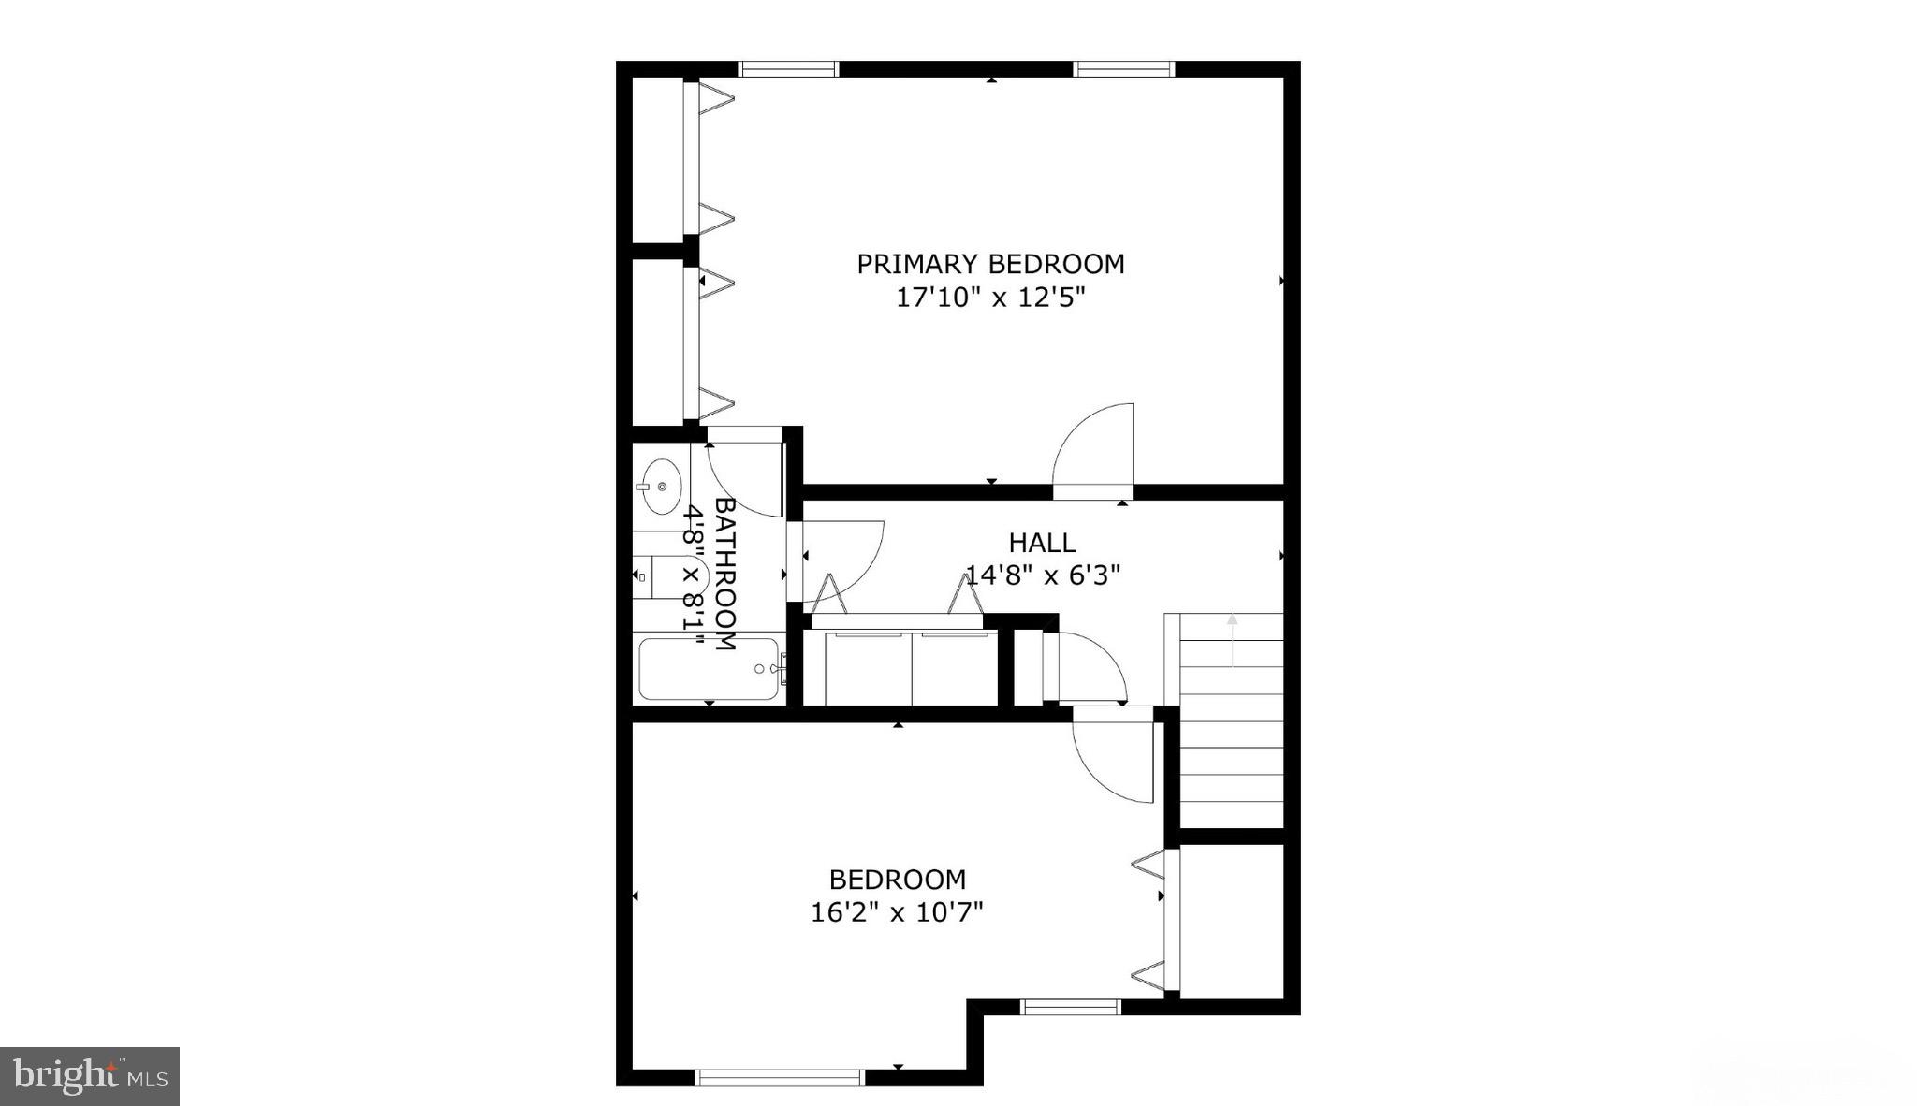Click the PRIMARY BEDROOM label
[x=990, y=264]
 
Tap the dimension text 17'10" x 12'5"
[x=990, y=298]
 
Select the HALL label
[x=1042, y=542]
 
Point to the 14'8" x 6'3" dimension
[x=1043, y=574]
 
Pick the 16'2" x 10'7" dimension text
[x=897, y=912]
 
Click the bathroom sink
[x=662, y=486]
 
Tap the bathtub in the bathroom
[x=709, y=668]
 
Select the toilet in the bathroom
[x=666, y=578]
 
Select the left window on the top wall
[x=788, y=68]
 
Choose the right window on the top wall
[x=1123, y=68]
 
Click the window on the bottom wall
[x=779, y=1078]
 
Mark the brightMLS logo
[x=90, y=1076]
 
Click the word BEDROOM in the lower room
[x=897, y=880]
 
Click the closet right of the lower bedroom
[x=1230, y=921]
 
